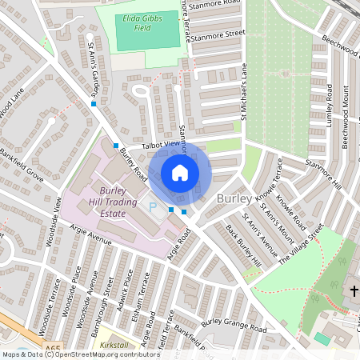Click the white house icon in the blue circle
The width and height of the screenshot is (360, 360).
(x=180, y=173)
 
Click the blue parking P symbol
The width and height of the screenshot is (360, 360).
(x=153, y=206)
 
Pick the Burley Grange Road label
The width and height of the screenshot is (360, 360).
(x=234, y=326)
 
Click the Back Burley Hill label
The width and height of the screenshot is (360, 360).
(x=243, y=244)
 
